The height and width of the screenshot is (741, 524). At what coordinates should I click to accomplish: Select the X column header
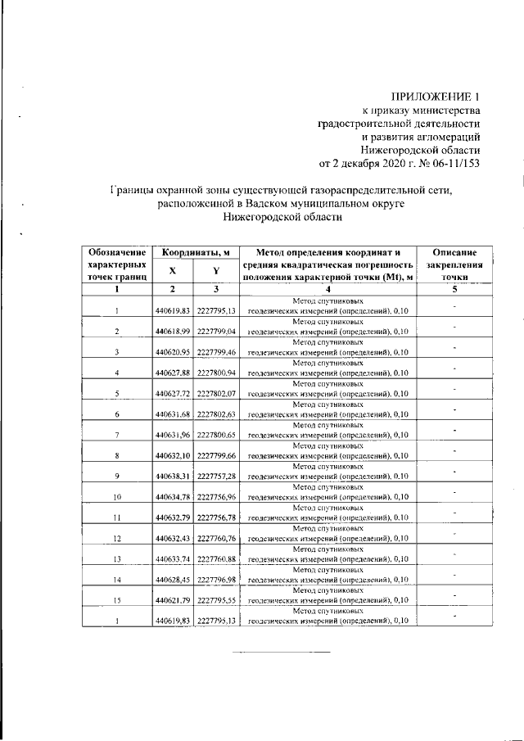click(172, 271)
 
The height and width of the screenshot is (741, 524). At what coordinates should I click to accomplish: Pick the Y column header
click(216, 271)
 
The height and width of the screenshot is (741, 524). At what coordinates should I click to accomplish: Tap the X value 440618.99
click(172, 332)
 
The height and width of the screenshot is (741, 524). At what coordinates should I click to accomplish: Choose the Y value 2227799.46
click(216, 352)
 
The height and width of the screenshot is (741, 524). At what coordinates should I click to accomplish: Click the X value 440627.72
click(172, 394)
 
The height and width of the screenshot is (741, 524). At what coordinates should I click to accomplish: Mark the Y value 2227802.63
click(216, 414)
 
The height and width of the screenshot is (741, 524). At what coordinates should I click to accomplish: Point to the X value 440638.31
click(172, 477)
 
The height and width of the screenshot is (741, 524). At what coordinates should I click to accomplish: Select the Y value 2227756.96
click(216, 497)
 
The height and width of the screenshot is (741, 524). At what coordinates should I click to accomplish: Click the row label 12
click(118, 538)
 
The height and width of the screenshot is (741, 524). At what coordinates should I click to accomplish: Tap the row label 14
click(118, 580)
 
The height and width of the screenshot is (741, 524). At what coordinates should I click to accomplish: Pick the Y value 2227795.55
click(216, 600)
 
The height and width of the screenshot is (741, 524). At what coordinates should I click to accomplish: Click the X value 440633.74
click(172, 559)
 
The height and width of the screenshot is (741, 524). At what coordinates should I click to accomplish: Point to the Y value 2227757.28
click(216, 477)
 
